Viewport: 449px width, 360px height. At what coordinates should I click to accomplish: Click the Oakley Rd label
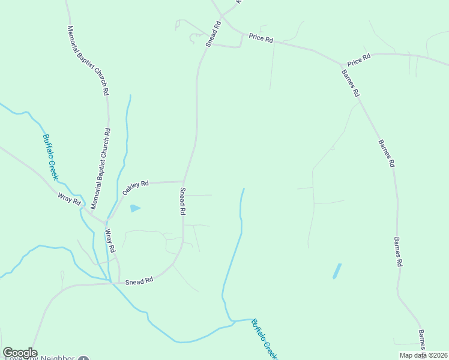135,187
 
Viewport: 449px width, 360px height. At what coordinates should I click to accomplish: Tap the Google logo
20,353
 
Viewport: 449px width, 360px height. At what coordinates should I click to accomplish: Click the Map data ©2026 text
423,355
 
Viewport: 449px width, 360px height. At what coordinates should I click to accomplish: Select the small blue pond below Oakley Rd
135,208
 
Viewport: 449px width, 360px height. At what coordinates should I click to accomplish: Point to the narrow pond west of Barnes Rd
337,271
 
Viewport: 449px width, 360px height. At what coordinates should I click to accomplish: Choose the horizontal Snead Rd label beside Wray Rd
139,280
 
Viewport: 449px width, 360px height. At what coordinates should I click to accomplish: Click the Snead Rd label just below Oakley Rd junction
182,202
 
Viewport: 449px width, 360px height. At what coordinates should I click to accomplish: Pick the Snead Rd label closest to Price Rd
214,34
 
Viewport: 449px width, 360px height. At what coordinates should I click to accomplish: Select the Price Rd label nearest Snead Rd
261,39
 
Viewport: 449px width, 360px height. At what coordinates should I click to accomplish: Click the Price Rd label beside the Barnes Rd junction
359,59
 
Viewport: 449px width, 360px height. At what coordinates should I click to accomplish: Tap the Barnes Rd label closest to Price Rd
351,83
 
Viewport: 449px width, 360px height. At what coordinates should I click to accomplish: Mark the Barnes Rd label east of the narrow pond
397,252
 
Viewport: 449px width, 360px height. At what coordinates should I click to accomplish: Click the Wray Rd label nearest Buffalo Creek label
69,199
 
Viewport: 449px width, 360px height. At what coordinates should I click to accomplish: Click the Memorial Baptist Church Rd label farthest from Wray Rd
88,61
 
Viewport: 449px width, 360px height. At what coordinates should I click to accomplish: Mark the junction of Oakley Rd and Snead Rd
183,181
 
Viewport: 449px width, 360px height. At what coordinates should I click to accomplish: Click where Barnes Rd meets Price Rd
343,65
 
